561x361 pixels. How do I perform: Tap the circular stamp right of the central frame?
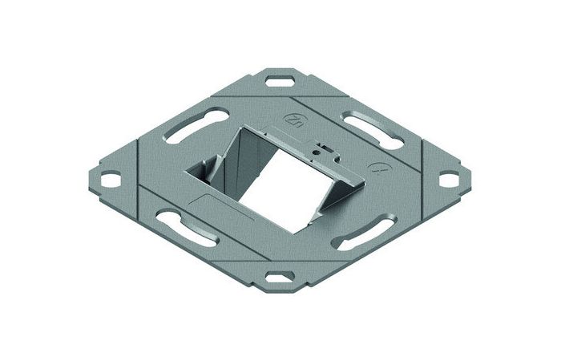[x=378, y=169]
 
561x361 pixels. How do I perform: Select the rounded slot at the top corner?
[x=281, y=81]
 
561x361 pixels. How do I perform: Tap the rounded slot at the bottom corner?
[x=280, y=275]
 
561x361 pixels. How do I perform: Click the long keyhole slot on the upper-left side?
[x=189, y=130]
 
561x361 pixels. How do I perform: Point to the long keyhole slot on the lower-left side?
[x=186, y=225]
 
